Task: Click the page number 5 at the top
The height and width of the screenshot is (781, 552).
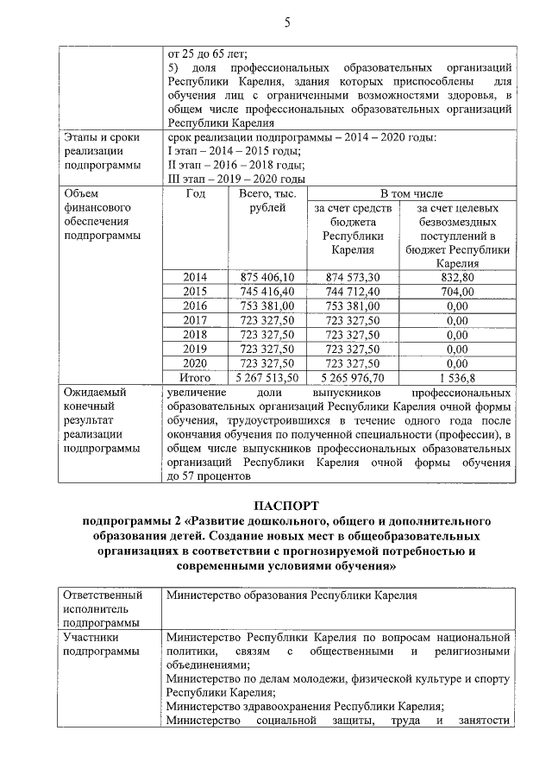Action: point(286,22)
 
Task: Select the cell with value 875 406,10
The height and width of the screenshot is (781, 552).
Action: point(268,277)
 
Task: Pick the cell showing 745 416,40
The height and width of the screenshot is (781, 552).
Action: point(268,292)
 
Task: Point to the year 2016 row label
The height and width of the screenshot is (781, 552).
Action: point(196,306)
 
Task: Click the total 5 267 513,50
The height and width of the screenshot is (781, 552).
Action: point(267,378)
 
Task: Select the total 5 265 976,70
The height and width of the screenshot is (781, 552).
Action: point(357,378)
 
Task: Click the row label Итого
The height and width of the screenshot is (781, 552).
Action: point(196,378)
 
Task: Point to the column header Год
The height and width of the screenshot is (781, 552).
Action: point(196,193)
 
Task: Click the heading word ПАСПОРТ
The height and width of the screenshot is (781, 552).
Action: point(286,505)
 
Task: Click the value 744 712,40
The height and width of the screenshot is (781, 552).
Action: point(357,292)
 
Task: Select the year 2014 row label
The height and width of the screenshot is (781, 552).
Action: point(196,277)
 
